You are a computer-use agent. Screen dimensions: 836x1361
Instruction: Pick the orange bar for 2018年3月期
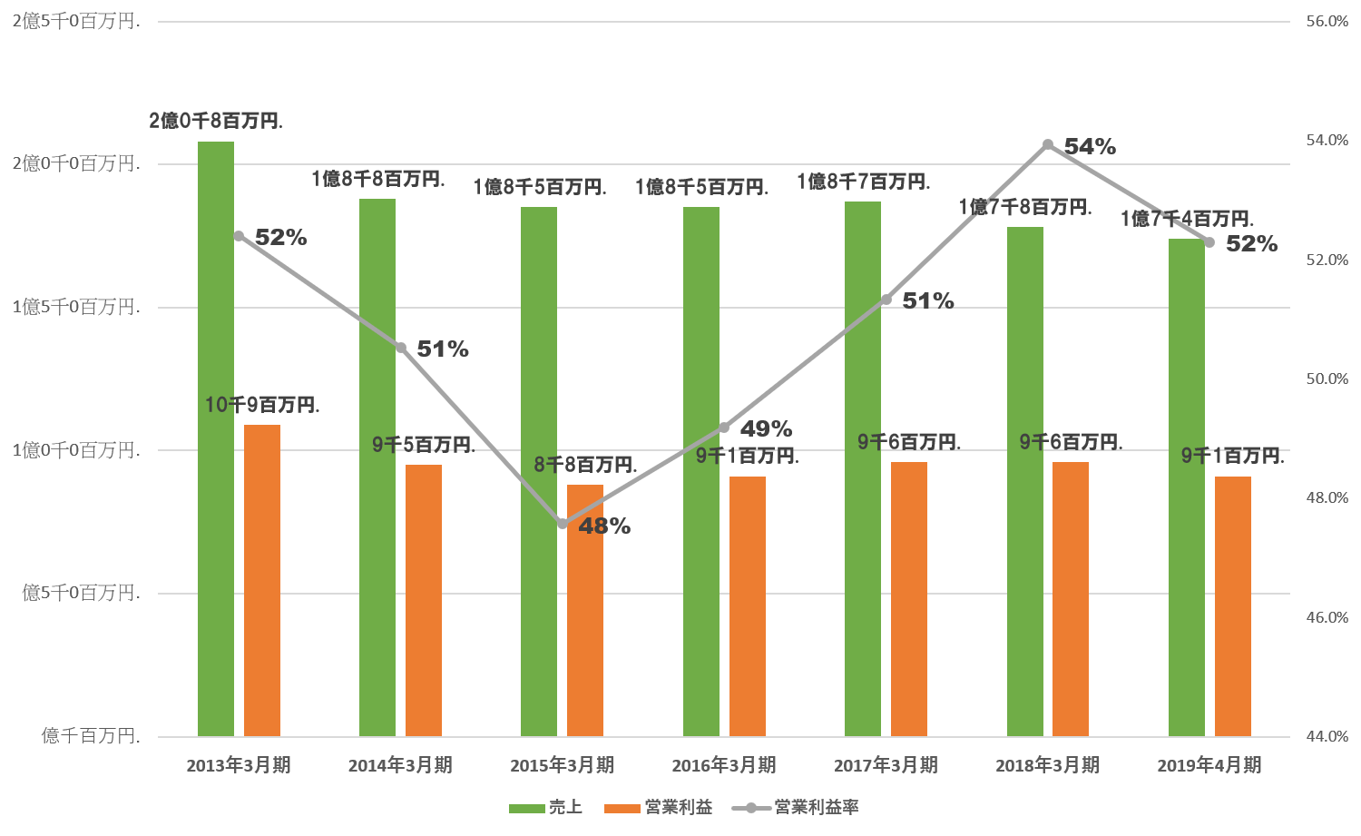(x=1071, y=599)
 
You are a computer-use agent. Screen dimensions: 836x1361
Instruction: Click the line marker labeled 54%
(x=1048, y=144)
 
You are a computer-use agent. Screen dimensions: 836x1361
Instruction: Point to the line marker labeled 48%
(x=563, y=524)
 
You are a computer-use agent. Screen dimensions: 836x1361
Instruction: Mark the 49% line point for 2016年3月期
(x=724, y=428)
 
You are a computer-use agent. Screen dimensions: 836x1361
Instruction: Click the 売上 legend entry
(x=545, y=807)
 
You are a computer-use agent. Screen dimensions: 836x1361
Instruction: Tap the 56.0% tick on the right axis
(x=1327, y=21)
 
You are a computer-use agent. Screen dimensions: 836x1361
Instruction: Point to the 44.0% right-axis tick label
(x=1327, y=736)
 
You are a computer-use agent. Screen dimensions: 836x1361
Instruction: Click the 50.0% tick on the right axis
(x=1327, y=379)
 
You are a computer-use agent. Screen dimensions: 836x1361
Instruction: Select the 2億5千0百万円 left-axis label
(x=76, y=21)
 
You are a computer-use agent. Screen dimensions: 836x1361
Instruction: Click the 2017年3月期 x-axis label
(x=886, y=765)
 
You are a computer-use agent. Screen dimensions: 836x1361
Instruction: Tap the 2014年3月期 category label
(x=400, y=765)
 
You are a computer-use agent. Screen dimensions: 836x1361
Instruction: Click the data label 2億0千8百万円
(x=216, y=121)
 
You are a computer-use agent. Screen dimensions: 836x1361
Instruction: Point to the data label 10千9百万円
(x=262, y=405)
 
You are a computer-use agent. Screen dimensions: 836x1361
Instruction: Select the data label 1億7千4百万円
(x=1187, y=219)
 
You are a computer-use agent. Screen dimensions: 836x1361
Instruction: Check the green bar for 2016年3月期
(x=701, y=471)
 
